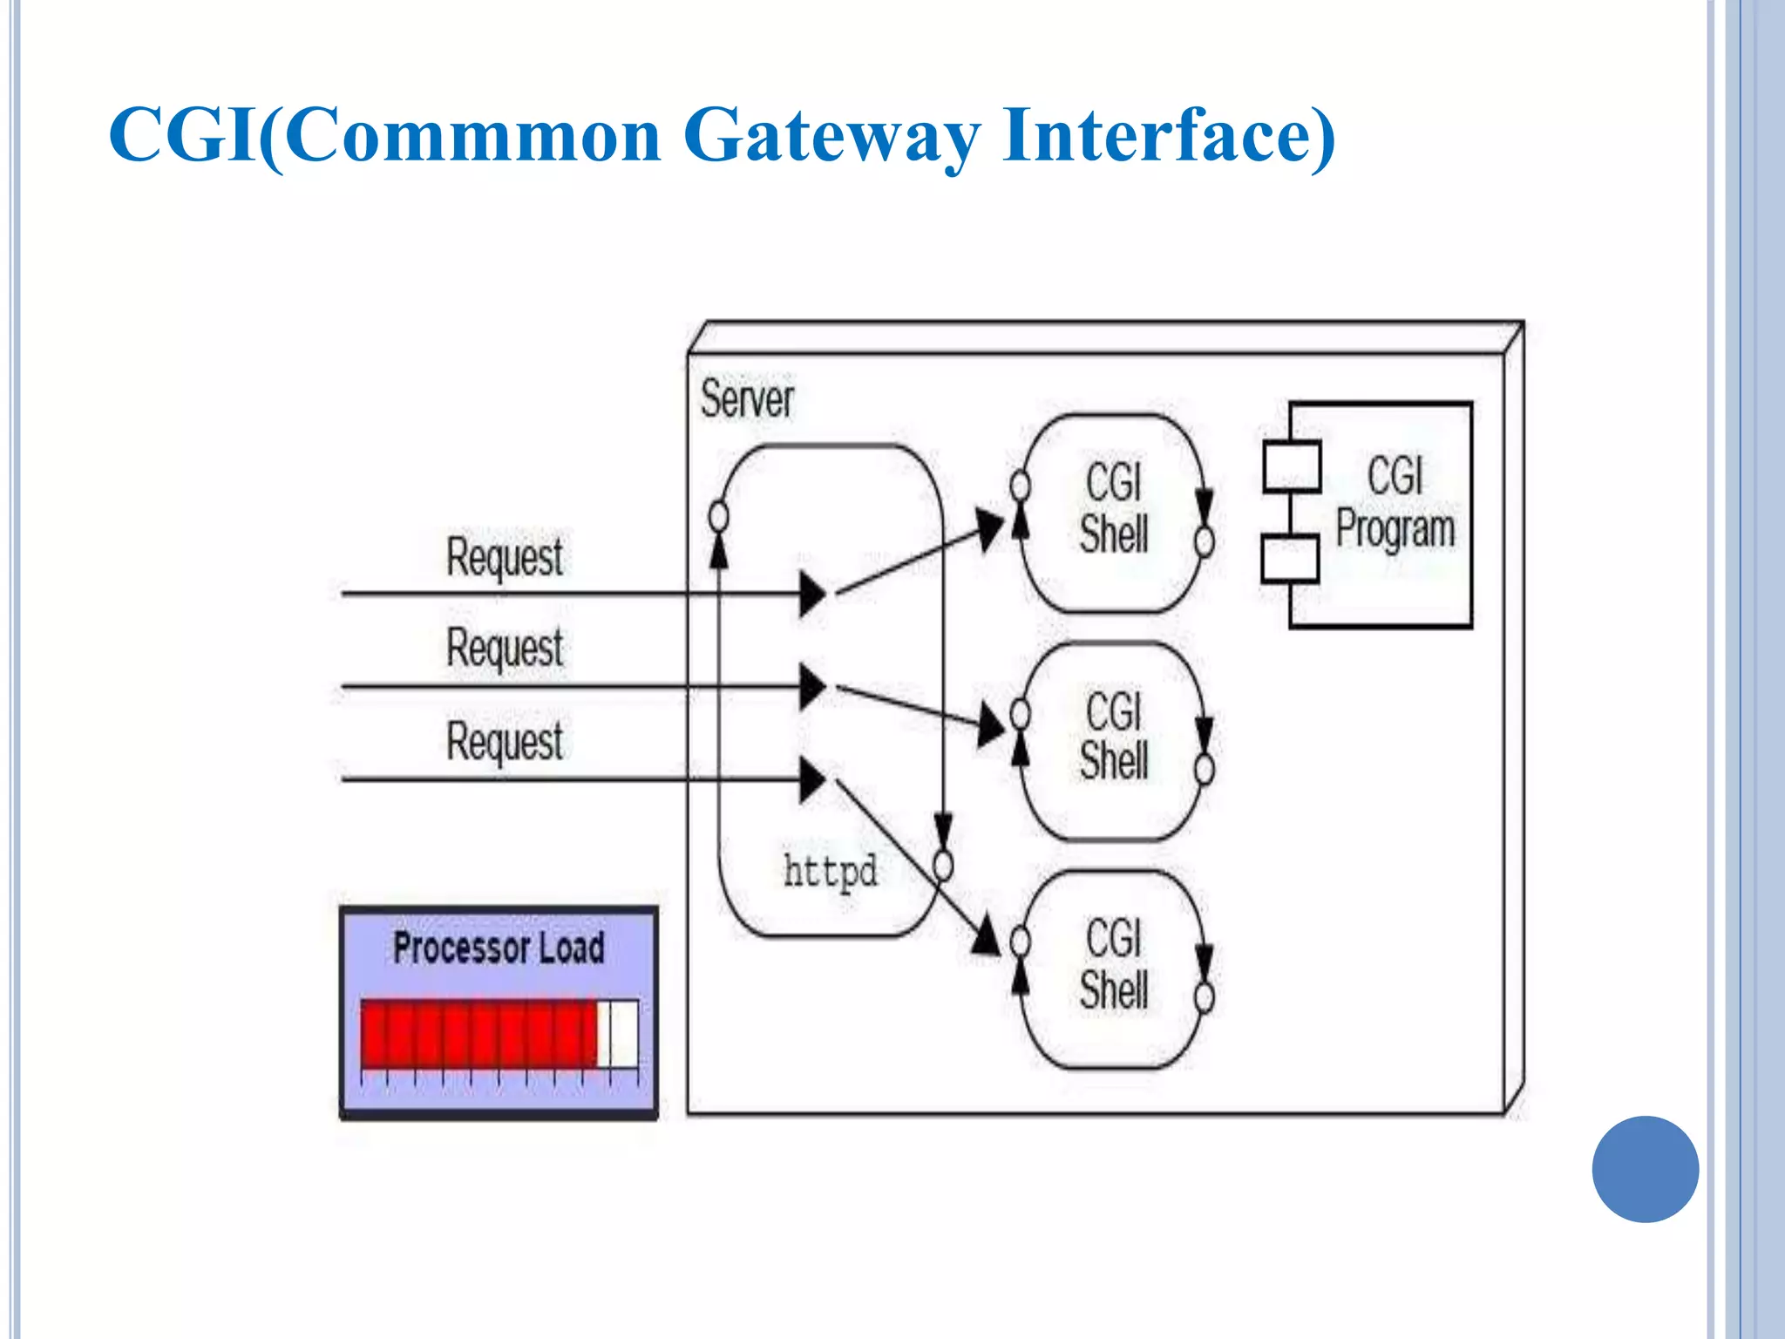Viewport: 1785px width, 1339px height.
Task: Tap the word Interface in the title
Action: [1168, 136]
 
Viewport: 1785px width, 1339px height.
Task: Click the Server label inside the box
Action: [747, 399]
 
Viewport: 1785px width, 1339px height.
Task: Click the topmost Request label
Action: [504, 558]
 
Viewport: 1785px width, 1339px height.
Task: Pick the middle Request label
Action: [504, 649]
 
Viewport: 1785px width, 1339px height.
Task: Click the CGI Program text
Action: [1395, 504]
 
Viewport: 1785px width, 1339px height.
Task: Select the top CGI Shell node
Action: [1113, 510]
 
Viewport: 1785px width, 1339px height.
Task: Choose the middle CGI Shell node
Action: [1113, 737]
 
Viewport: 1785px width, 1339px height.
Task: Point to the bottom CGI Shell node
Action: [1113, 966]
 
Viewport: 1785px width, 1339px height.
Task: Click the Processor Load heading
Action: [499, 948]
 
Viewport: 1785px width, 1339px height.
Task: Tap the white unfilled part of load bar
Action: [618, 1033]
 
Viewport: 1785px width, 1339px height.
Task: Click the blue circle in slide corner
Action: [1645, 1169]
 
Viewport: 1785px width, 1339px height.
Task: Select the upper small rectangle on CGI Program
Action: [1292, 467]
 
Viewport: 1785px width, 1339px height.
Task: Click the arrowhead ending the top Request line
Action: [812, 594]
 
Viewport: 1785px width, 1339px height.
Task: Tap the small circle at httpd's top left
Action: [718, 517]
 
